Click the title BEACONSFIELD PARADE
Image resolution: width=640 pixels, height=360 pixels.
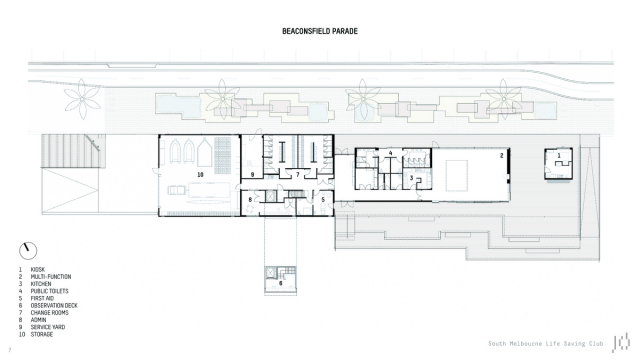(319, 31)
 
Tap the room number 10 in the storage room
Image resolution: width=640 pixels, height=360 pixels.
(200, 174)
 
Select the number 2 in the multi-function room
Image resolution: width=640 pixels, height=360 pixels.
(502, 156)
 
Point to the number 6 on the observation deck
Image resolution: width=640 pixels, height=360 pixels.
(281, 283)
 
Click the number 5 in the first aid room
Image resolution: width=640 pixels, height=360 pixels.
(322, 200)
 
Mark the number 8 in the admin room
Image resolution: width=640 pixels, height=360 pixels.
(251, 200)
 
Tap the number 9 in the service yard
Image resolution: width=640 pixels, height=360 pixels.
(254, 175)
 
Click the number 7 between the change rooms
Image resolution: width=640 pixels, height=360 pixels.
(296, 175)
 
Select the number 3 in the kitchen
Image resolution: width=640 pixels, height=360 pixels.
(411, 178)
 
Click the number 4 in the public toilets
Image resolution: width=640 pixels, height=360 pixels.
(391, 153)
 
